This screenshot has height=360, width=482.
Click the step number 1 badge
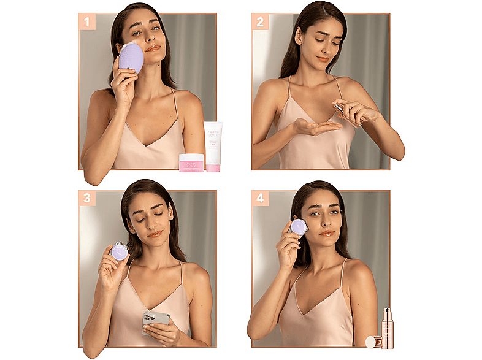pos(87,22)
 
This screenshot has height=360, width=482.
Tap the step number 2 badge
pos(261,22)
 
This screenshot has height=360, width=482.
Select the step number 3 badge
pos(87,199)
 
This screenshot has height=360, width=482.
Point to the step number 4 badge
pos(261,199)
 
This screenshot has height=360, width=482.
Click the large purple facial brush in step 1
pos(131,58)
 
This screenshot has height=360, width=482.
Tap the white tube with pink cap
pos(213,147)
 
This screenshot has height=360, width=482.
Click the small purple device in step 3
pos(120,251)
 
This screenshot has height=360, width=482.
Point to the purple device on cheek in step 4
pos(298,227)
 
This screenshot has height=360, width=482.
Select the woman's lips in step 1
pos(152,47)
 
